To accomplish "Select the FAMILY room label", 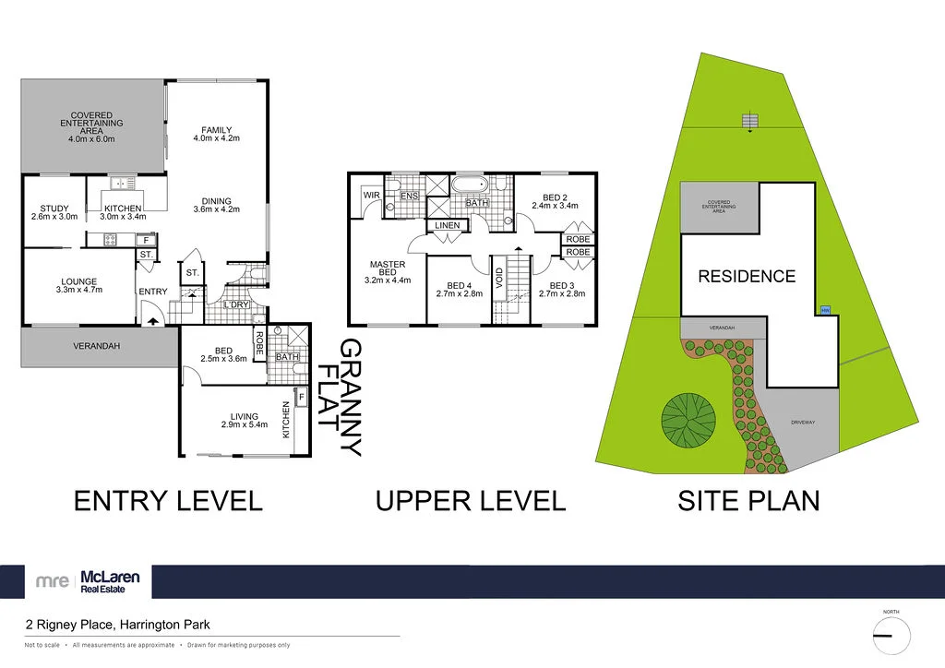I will (x=216, y=134).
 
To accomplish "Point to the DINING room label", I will (x=216, y=206).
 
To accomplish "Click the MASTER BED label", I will (x=388, y=272).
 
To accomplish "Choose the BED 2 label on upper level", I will (x=554, y=201).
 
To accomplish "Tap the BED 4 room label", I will (x=459, y=290).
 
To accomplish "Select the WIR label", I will (x=372, y=196).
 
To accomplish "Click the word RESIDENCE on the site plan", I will (x=746, y=276).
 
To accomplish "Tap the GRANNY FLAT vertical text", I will (x=339, y=398).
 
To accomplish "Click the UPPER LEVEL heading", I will (x=470, y=501).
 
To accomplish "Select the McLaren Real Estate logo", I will (x=89, y=581).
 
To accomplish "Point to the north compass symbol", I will (x=891, y=635).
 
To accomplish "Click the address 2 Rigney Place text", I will (x=117, y=625).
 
